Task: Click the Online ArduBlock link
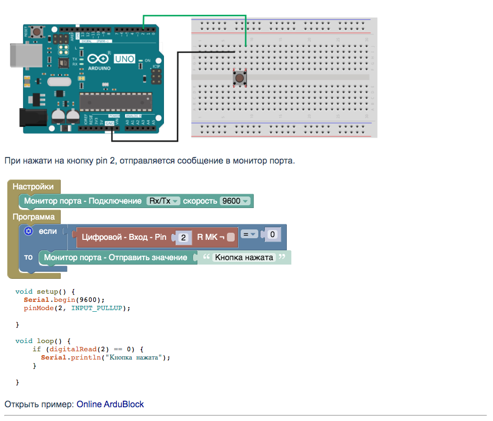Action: (x=110, y=405)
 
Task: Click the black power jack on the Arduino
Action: (x=31, y=117)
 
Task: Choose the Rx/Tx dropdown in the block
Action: (x=163, y=201)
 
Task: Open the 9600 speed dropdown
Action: (x=235, y=201)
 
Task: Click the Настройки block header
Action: (x=33, y=187)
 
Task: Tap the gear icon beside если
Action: (x=29, y=232)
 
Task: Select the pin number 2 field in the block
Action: (x=184, y=238)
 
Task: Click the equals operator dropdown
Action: (x=250, y=235)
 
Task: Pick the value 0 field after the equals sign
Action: (x=273, y=235)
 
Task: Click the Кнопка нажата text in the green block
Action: (x=243, y=257)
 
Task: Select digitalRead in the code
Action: (x=72, y=349)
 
